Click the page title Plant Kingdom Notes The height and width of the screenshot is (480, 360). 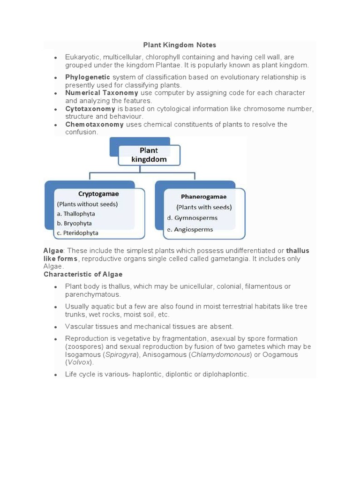(180, 45)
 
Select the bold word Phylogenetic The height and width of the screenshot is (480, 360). (88, 77)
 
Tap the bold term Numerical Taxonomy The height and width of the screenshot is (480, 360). (102, 93)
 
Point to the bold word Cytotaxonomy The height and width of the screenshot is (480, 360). (90, 109)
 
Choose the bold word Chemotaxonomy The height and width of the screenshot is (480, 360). (94, 124)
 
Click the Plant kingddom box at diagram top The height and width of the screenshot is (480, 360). (149, 155)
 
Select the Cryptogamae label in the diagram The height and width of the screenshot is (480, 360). (98, 194)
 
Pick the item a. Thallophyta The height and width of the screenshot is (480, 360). (76, 214)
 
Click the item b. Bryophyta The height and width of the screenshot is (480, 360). (74, 223)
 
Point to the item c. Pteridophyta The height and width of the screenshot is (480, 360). (77, 232)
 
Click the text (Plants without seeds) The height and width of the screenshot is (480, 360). (87, 204)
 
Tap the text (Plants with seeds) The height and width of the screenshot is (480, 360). (204, 207)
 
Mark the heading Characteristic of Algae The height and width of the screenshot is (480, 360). (83, 274)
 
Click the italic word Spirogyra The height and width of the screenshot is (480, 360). (120, 354)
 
